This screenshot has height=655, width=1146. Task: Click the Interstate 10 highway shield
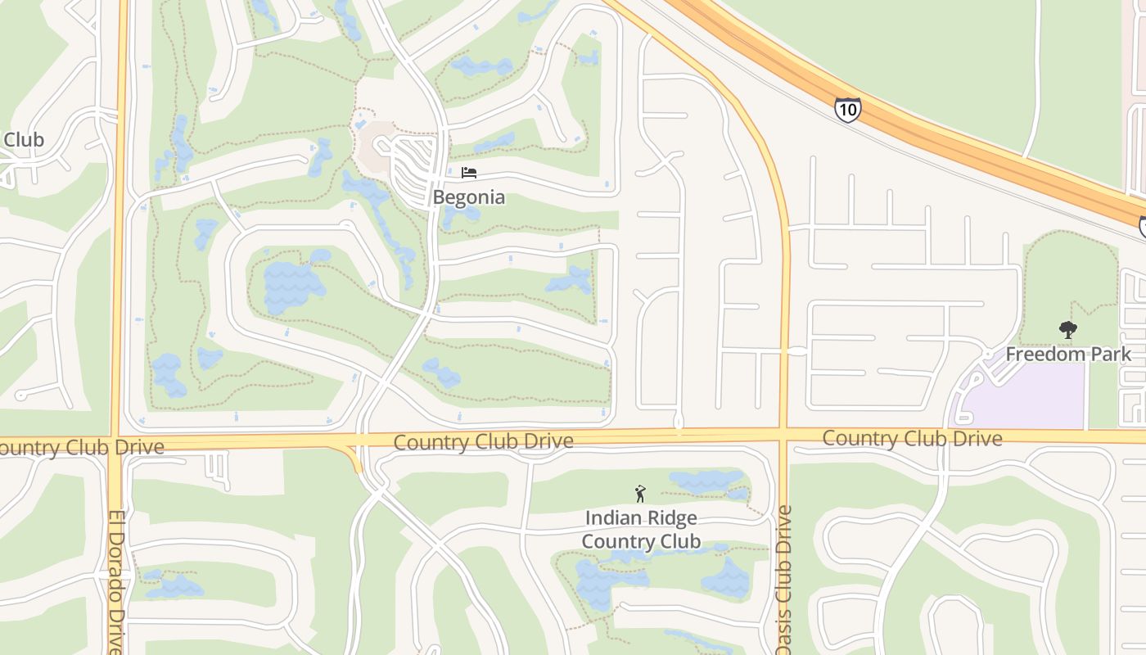848,109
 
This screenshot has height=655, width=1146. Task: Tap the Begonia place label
468,197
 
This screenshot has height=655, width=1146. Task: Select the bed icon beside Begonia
468,173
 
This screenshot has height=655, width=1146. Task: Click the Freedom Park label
1068,354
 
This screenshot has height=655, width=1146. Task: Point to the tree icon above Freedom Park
1067,330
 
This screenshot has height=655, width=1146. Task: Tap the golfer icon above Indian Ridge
640,494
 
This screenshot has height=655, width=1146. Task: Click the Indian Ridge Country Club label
641,530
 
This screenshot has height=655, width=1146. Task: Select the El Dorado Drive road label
115,581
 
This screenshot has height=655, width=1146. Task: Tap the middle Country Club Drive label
483,442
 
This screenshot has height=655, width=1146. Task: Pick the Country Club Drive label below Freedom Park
912,438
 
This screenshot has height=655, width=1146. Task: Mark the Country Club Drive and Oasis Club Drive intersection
784,434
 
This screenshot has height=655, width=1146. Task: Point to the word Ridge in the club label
670,518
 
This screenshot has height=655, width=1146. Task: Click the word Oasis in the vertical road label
784,630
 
